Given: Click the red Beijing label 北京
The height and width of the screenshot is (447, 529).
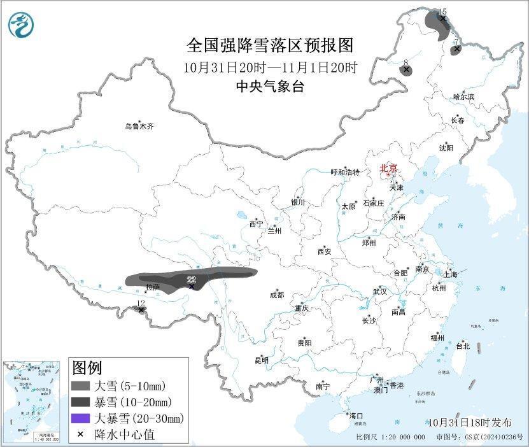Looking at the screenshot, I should click(388, 168).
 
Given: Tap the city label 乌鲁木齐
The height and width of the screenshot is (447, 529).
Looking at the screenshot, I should click(139, 127).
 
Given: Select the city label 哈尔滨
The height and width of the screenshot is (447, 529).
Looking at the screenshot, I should click(463, 97).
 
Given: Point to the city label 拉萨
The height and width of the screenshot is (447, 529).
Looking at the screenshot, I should click(152, 287).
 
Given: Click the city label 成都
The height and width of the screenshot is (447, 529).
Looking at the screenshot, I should click(277, 295).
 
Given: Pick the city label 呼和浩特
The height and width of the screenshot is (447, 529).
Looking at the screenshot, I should click(345, 172).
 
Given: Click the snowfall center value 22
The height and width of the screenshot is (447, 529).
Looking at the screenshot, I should click(191, 279).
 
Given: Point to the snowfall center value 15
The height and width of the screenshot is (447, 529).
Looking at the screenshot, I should click(442, 11).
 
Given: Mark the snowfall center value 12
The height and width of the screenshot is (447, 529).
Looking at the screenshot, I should click(141, 303).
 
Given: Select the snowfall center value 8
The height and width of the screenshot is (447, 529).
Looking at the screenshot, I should click(406, 62).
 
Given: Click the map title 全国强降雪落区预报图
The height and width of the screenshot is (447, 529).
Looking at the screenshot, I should click(269, 46).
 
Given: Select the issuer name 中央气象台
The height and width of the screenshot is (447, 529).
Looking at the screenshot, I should click(269, 87).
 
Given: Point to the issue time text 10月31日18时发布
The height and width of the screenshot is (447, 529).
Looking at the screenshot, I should click(469, 422).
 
